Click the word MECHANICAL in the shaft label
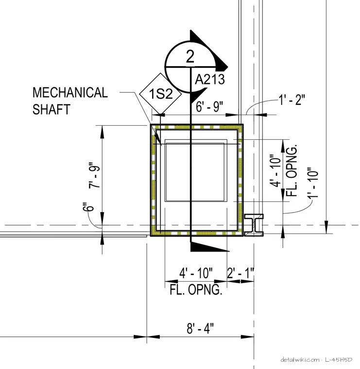[x=70, y=92]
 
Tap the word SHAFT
[x=51, y=109]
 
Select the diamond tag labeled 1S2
[x=160, y=94]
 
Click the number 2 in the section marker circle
[x=190, y=56]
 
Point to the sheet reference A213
[x=210, y=79]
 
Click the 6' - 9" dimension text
[x=209, y=107]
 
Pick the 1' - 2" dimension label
[x=292, y=100]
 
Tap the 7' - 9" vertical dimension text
[x=94, y=175]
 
